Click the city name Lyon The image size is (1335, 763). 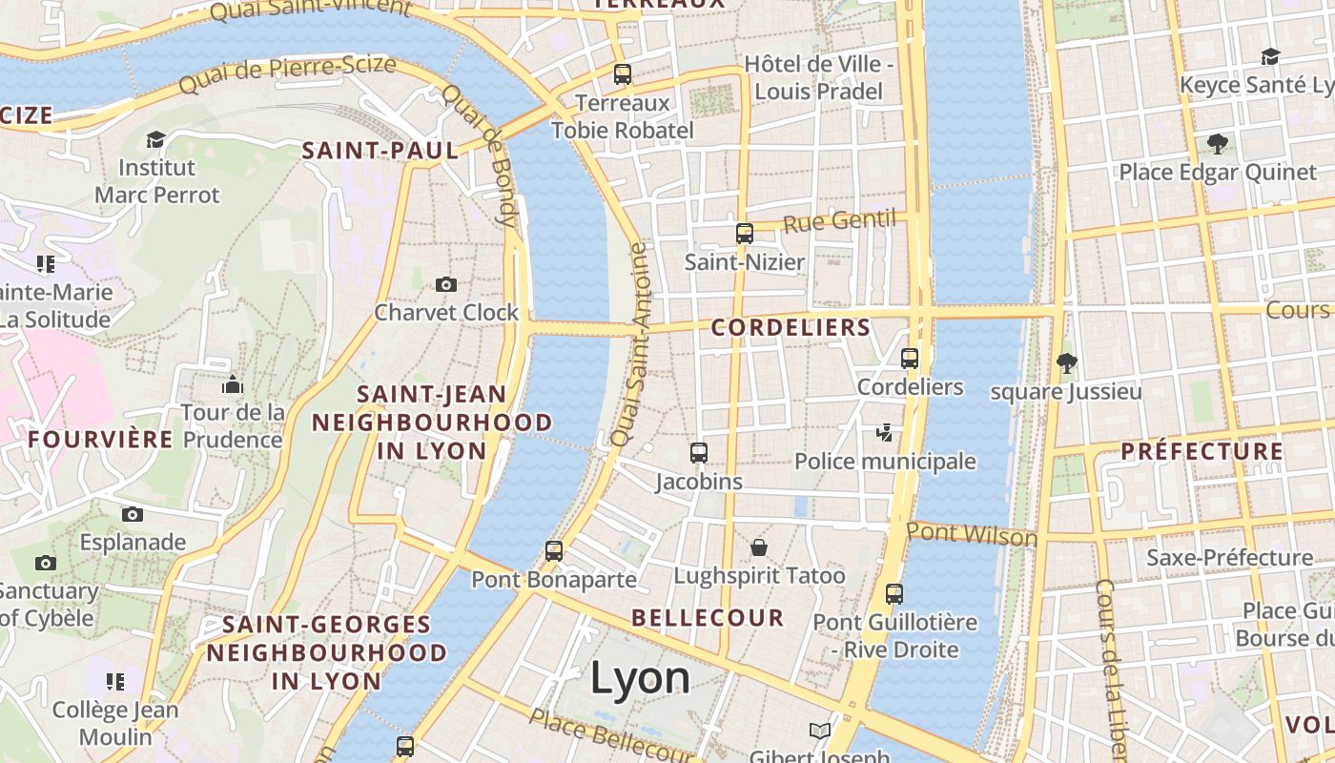click(640, 678)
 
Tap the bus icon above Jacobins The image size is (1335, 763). click(699, 453)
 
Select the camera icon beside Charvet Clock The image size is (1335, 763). click(445, 284)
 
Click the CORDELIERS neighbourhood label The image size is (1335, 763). click(791, 328)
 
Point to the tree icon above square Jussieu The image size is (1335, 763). click(1066, 362)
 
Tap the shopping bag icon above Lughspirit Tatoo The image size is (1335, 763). click(759, 547)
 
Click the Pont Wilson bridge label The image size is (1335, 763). click(972, 533)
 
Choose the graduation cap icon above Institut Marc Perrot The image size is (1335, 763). click(155, 140)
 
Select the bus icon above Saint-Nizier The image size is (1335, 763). click(745, 234)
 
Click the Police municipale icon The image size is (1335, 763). click(885, 433)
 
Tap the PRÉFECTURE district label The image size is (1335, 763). click(1201, 451)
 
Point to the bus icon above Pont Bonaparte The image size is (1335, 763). click(554, 550)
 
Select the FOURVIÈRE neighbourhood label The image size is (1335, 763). click(100, 440)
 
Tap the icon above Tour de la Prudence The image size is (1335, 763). click(233, 384)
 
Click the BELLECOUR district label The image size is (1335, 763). click(708, 618)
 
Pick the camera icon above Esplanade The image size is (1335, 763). click(133, 515)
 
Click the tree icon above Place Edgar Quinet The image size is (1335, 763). click(1217, 144)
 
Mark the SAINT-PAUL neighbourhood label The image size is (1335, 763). click(380, 151)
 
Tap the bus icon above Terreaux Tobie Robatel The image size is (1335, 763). click(623, 73)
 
